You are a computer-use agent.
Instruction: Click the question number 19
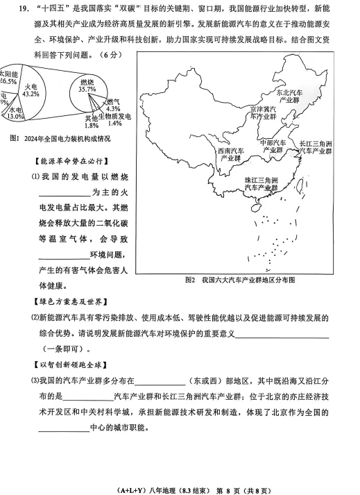pos(24,9)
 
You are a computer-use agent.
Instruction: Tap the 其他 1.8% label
pos(92,121)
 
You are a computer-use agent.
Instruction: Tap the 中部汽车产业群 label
pos(272,146)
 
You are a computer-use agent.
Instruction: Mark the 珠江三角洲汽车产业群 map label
pos(261,184)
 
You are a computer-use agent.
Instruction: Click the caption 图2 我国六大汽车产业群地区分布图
pos(239,280)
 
